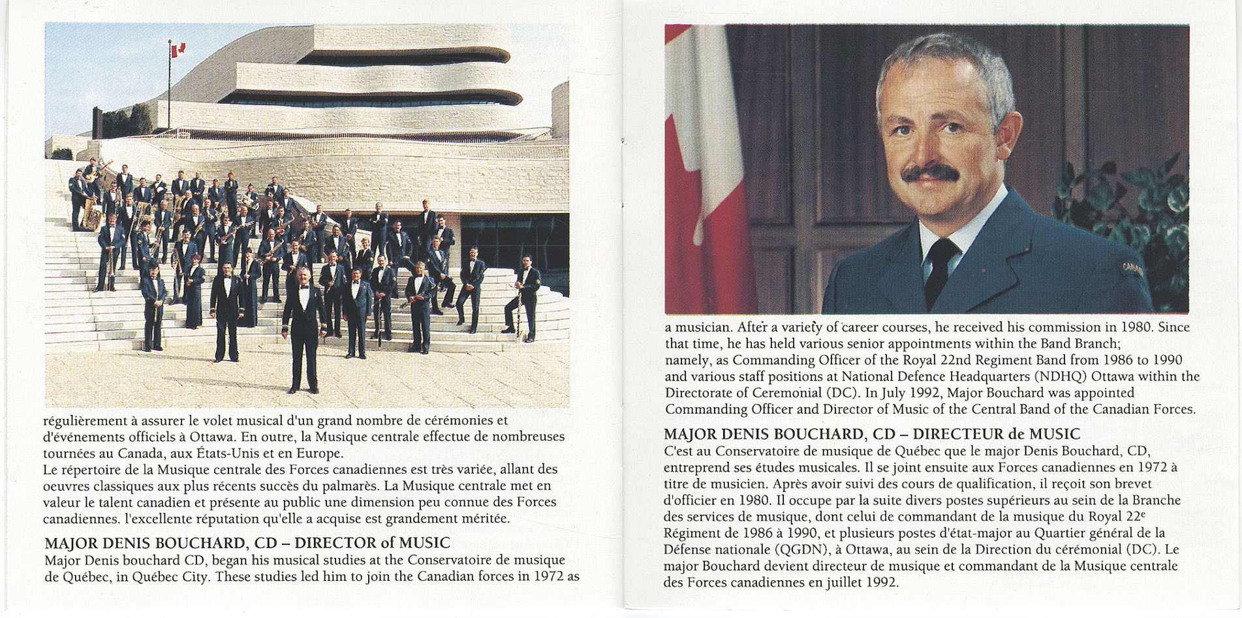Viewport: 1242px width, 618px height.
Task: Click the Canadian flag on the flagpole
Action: (178, 49)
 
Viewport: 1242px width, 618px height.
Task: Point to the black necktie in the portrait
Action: (940, 268)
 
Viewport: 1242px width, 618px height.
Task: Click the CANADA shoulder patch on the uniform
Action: (1132, 269)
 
